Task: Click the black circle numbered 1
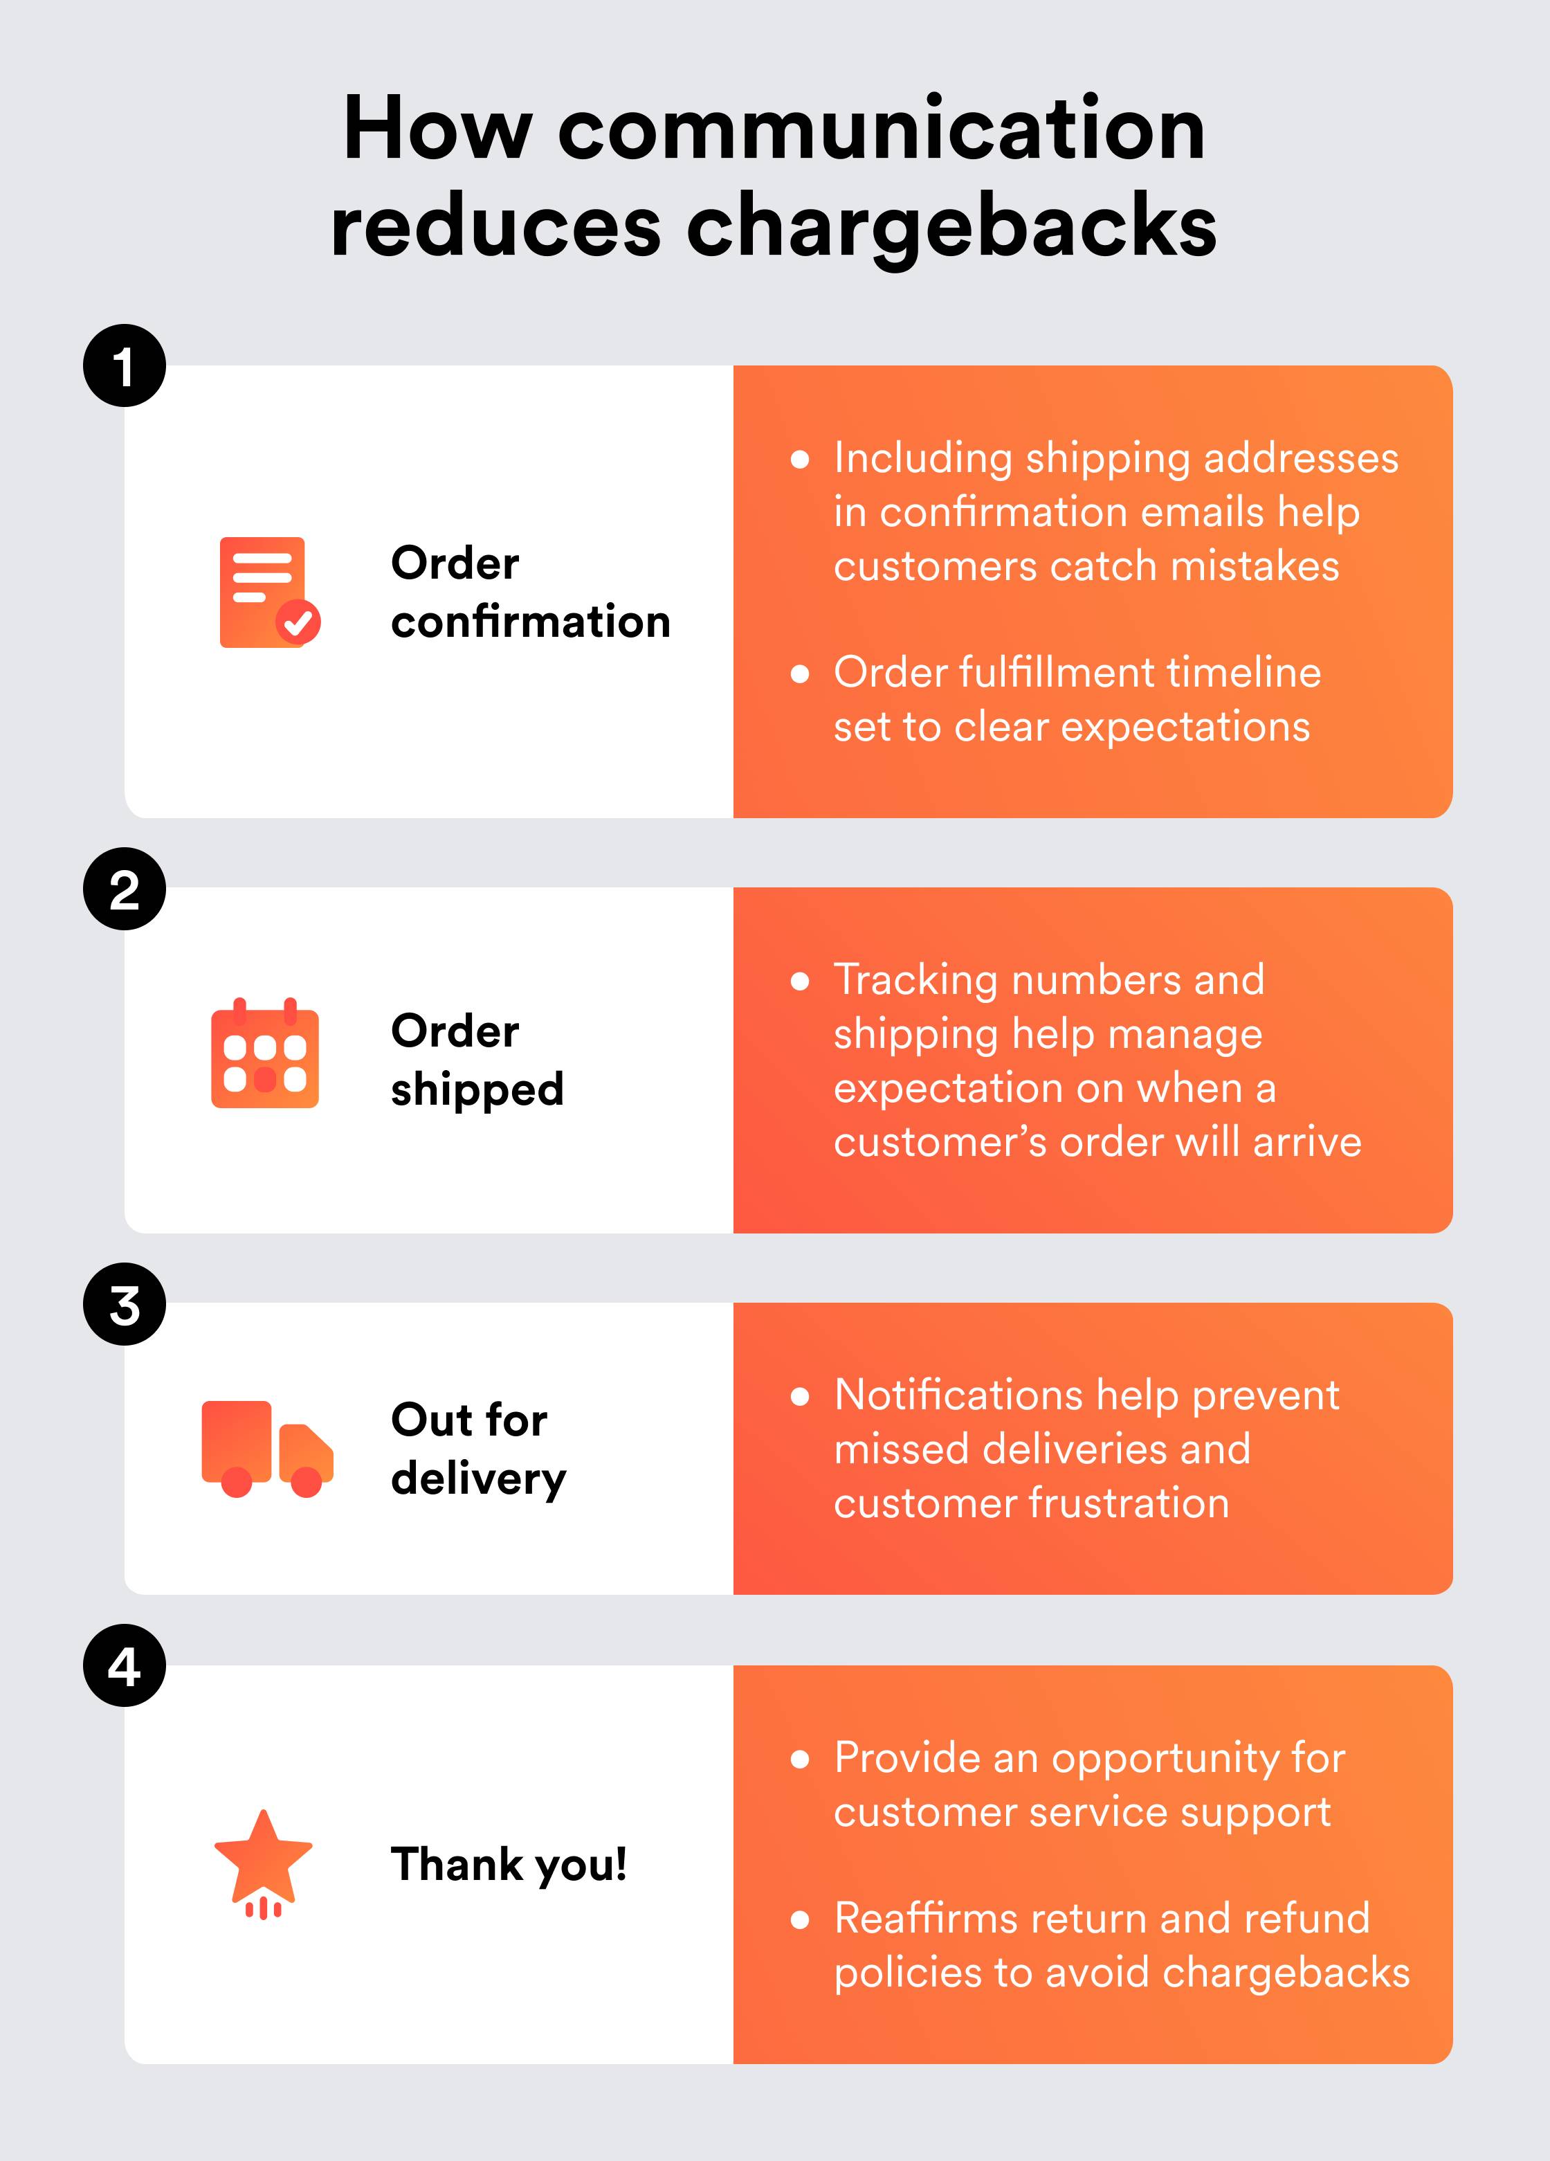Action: point(124,366)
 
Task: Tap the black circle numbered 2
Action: point(124,889)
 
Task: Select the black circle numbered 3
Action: point(124,1304)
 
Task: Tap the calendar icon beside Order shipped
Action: point(265,1056)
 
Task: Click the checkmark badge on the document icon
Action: point(298,623)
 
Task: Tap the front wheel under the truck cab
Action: point(306,1482)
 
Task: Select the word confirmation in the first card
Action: point(531,622)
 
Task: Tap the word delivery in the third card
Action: point(478,1479)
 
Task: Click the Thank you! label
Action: point(509,1865)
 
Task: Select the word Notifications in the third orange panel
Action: point(958,1395)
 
